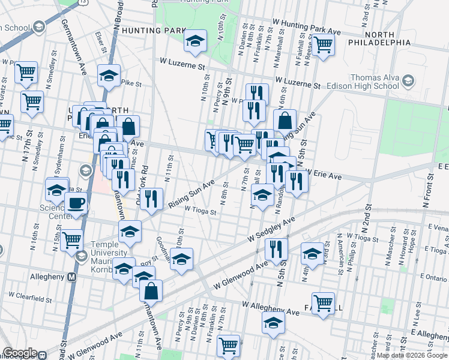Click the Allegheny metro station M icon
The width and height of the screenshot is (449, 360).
pos(71,277)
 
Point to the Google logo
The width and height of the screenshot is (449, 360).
pos(20,353)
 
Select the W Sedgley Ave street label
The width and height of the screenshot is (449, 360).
pos(272,230)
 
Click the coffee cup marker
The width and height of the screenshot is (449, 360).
pos(76,204)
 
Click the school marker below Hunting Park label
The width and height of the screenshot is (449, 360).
pos(195,41)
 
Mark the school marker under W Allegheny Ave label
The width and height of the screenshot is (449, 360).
pos(273,323)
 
